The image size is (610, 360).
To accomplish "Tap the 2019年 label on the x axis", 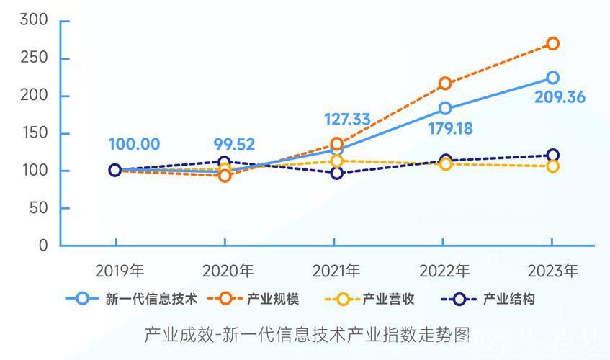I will [120, 271].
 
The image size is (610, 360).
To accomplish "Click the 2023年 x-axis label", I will [553, 271].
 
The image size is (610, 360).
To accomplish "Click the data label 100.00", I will [134, 144].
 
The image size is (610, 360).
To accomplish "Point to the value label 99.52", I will [235, 144].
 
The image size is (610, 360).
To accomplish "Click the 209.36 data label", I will [560, 97].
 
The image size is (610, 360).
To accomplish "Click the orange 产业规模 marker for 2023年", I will [552, 44].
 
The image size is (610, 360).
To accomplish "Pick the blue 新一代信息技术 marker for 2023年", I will [552, 78].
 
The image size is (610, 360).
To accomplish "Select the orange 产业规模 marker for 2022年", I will [445, 84].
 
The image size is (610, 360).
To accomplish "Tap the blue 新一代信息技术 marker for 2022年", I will [445, 109].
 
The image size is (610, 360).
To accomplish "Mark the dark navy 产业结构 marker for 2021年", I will [336, 173].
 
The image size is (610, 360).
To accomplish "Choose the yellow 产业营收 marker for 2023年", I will [552, 166].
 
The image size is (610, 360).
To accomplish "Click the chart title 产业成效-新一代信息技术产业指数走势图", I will [306, 335].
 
